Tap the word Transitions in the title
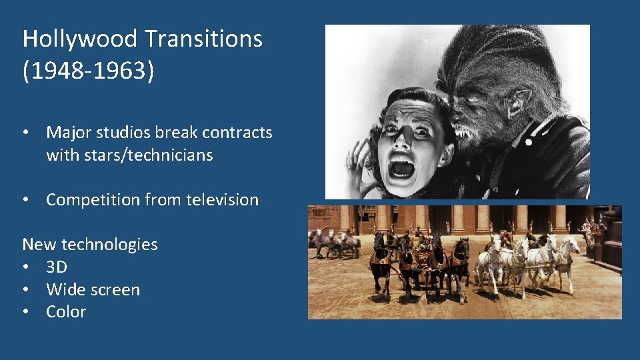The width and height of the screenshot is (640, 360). (203, 39)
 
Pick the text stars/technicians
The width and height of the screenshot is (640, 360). (129, 155)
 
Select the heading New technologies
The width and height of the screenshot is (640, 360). (90, 245)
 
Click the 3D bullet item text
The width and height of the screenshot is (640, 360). (57, 267)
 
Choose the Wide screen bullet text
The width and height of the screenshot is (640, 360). (93, 290)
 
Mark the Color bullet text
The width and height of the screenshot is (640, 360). (66, 312)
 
